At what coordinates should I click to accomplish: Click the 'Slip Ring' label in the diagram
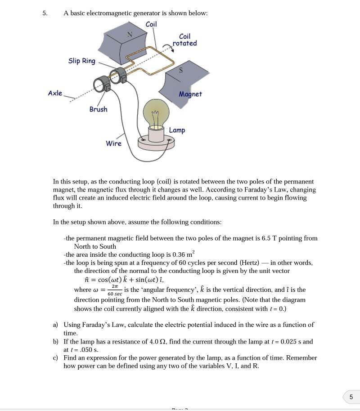[x=82, y=61]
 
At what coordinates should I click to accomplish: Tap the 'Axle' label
[x=55, y=93]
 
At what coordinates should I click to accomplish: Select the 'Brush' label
[x=98, y=109]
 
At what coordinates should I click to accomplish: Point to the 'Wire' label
[x=113, y=143]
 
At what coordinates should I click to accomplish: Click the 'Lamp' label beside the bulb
[x=177, y=130]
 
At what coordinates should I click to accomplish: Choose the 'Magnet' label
[x=190, y=94]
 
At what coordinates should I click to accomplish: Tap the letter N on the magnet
[x=130, y=34]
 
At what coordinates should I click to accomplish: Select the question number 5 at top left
[x=45, y=13]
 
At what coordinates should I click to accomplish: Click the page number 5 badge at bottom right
[x=351, y=397]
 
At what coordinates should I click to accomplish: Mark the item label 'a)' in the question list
[x=55, y=325]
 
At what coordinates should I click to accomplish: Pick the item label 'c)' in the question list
[x=55, y=358]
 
